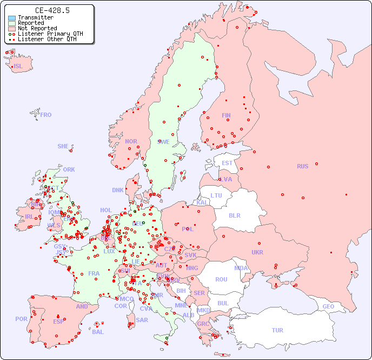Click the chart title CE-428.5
pos(52,10)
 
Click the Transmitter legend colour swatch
pos(12,18)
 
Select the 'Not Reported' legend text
pos(37,29)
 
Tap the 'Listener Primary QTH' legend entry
pos(50,34)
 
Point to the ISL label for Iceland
pos(18,67)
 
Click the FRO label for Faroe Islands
pos(46,115)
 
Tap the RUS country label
pos(302,166)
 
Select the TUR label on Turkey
pos(277,330)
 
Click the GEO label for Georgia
pos(328,306)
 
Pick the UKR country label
pos(257,252)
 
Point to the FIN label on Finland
pos(226,115)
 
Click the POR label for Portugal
pos(21,319)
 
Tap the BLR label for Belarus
pos(234,215)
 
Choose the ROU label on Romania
pos(221,279)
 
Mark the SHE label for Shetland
pos(63,146)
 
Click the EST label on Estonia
pos(227,163)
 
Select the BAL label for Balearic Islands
pos(97,332)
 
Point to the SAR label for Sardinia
pos(142,320)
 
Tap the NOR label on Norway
pos(131,141)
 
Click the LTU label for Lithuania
pos(216,195)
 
